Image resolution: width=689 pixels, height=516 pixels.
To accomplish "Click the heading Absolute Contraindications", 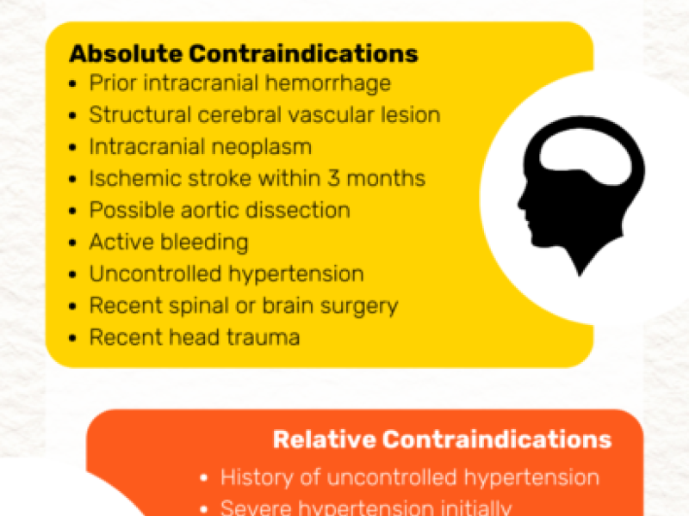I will pos(244,53).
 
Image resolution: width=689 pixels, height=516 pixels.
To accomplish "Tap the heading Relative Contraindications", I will pos(442,439).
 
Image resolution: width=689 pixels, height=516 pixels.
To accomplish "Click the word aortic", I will pos(205,210).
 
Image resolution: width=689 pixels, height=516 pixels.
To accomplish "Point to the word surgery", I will pos(356,305).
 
